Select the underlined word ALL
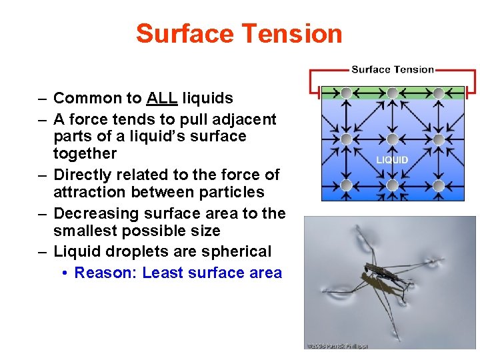coord(162,99)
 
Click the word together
coord(85,153)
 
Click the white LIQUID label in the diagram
coord(392,160)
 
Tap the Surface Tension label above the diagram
coord(392,69)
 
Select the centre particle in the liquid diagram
coord(392,139)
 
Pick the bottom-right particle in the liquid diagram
coord(438,185)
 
